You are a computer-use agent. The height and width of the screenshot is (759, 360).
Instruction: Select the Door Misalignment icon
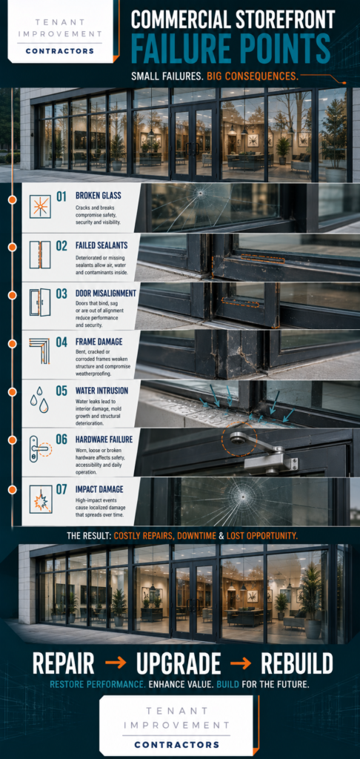click(40, 302)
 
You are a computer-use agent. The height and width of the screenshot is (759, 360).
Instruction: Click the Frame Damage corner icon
click(40, 351)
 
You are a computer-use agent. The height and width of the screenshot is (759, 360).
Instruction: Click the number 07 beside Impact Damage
click(61, 489)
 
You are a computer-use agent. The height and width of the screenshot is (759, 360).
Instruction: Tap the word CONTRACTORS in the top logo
click(59, 51)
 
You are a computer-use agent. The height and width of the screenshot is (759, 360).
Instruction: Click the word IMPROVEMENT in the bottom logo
click(176, 725)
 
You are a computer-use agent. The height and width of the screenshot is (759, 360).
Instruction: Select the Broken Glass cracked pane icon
click(40, 205)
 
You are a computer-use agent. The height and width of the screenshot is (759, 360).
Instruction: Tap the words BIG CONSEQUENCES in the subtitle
click(253, 76)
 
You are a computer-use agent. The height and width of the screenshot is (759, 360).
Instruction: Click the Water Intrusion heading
click(101, 390)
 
